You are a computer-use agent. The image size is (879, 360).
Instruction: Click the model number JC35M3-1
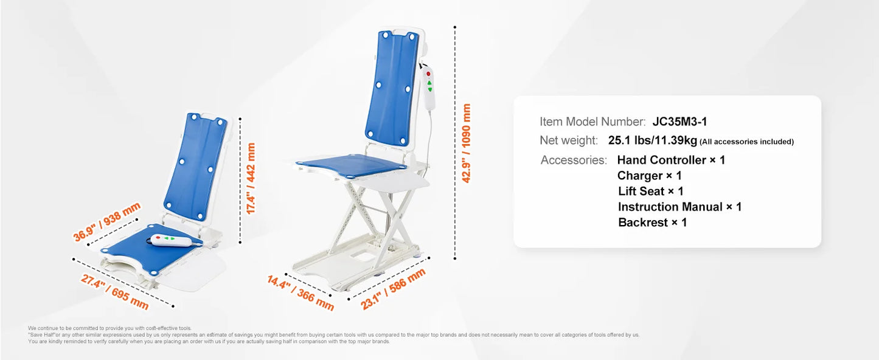[x=679, y=122]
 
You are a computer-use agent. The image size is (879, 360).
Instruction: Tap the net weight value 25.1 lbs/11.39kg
[x=652, y=140]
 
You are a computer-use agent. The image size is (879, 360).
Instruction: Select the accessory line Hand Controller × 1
[x=671, y=160]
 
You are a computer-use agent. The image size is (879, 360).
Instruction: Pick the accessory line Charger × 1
[x=649, y=176]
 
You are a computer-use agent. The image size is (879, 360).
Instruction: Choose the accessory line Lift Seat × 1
[x=650, y=192]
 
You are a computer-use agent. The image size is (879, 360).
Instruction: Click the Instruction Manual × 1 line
[x=679, y=207]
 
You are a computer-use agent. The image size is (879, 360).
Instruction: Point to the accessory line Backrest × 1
[x=652, y=223]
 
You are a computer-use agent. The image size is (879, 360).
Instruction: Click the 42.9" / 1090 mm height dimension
[x=467, y=144]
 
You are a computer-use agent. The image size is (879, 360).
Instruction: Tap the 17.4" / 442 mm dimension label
[x=250, y=179]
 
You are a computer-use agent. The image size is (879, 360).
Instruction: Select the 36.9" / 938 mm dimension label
[x=107, y=222]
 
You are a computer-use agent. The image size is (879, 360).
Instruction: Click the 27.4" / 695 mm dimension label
[x=114, y=291]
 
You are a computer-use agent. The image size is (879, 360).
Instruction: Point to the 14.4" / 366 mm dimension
[x=301, y=292]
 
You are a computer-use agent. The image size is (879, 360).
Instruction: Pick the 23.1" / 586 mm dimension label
[x=393, y=289]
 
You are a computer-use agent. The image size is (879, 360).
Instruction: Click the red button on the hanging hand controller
[x=428, y=74]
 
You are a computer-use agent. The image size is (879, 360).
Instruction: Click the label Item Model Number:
[x=592, y=122]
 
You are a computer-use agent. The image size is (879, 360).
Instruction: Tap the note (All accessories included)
[x=746, y=142]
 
